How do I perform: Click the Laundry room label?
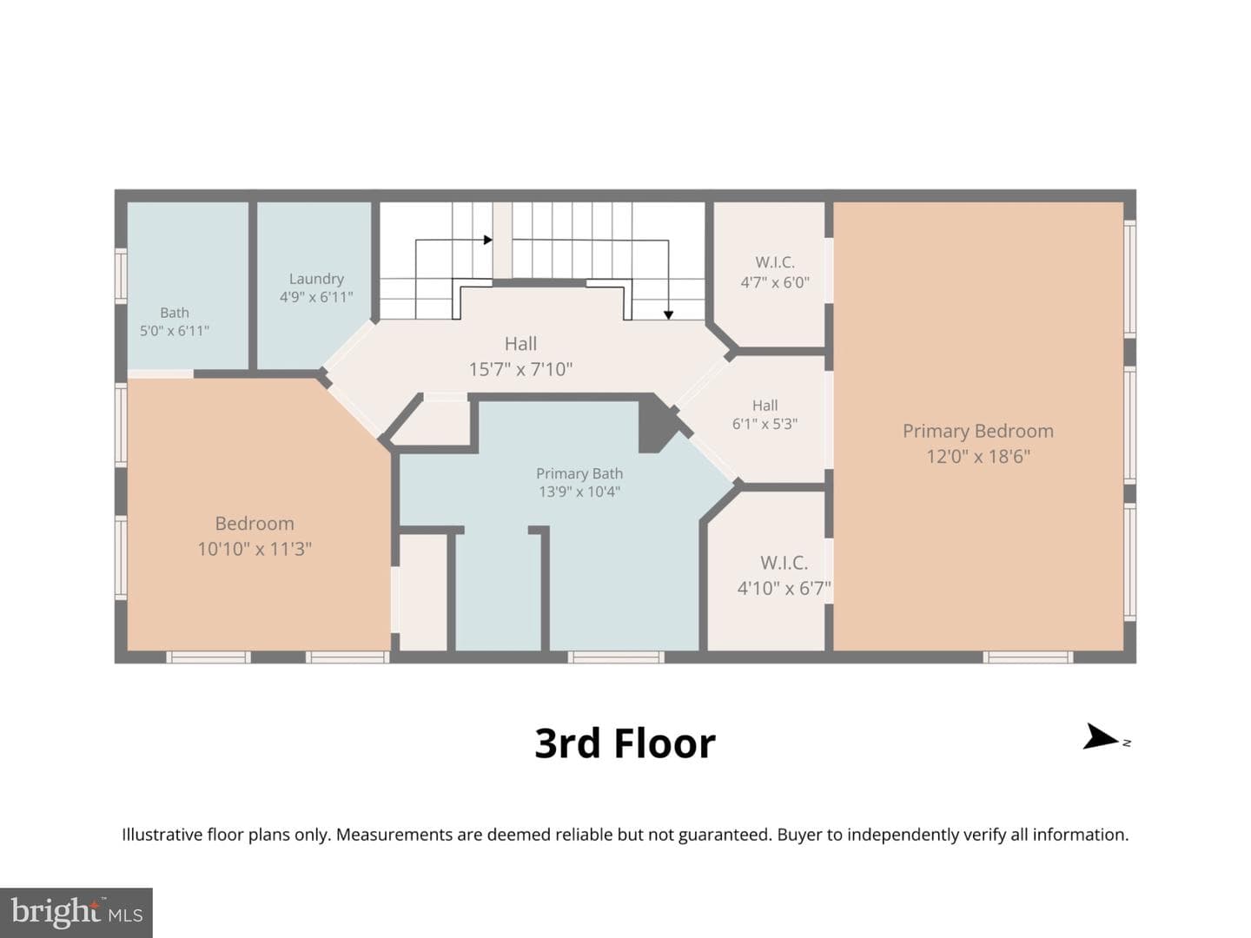316,279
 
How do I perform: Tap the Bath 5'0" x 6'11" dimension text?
175,331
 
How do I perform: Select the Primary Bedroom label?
978,431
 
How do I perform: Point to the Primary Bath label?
579,473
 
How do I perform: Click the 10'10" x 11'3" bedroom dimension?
255,549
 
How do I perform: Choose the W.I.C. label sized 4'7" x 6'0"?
775,262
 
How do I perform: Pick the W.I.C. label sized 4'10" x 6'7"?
784,563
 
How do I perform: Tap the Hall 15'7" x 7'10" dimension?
520,370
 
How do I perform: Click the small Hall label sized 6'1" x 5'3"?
764,406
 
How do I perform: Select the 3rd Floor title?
625,743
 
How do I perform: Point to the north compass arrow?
1101,737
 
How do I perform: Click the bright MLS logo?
76,912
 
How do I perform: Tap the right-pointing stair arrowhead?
488,240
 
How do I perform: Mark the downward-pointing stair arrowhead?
669,315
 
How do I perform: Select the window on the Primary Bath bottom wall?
616,657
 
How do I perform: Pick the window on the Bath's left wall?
121,275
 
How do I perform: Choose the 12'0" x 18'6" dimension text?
978,457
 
